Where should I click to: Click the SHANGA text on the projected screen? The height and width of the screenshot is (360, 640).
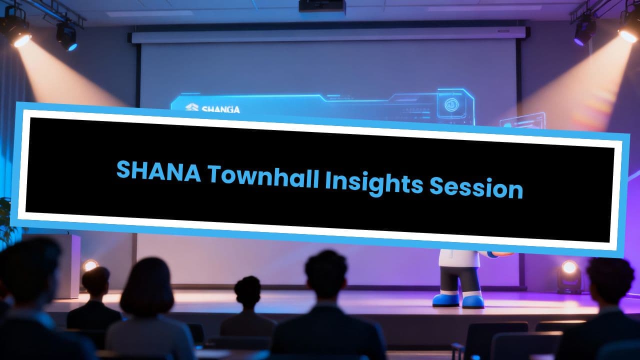click(212, 108)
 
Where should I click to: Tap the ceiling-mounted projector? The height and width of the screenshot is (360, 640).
click(322, 6)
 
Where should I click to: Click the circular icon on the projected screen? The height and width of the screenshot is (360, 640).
click(451, 105)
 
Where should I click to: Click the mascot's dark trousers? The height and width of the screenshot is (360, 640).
click(460, 280)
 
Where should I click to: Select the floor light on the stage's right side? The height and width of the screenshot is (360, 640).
click(568, 270)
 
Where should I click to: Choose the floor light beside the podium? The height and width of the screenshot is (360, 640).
click(90, 265)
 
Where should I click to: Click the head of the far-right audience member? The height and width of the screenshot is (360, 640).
click(610, 282)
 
